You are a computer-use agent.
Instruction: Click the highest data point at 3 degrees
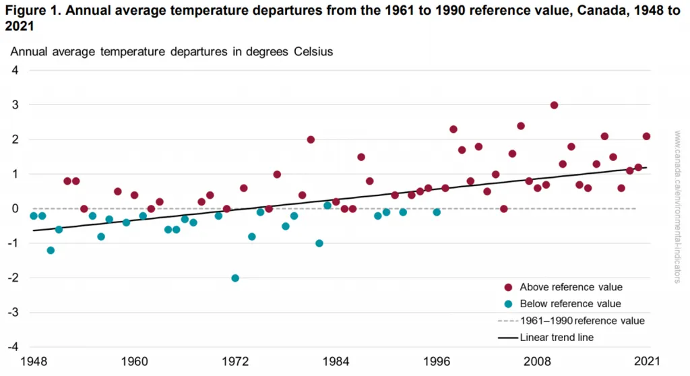[x=554, y=105]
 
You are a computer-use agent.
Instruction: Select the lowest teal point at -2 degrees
[x=235, y=278]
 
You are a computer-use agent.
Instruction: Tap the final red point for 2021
[x=646, y=137]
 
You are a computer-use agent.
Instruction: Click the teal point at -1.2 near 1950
[x=51, y=250]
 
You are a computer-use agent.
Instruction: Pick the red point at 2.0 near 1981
[x=311, y=139]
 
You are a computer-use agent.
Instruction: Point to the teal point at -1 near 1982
[x=319, y=243]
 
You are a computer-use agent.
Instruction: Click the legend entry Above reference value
[x=571, y=287]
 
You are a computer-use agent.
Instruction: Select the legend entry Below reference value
[x=570, y=304]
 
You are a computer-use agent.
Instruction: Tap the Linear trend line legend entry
[x=557, y=337]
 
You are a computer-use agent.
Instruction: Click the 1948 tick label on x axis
[x=34, y=363]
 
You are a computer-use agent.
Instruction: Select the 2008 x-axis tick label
[x=538, y=363]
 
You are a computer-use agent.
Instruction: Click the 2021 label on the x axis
[x=647, y=363]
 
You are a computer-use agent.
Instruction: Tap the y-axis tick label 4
[x=14, y=71]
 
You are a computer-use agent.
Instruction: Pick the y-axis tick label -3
[x=12, y=313]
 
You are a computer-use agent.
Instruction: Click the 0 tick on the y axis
[x=14, y=209]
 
